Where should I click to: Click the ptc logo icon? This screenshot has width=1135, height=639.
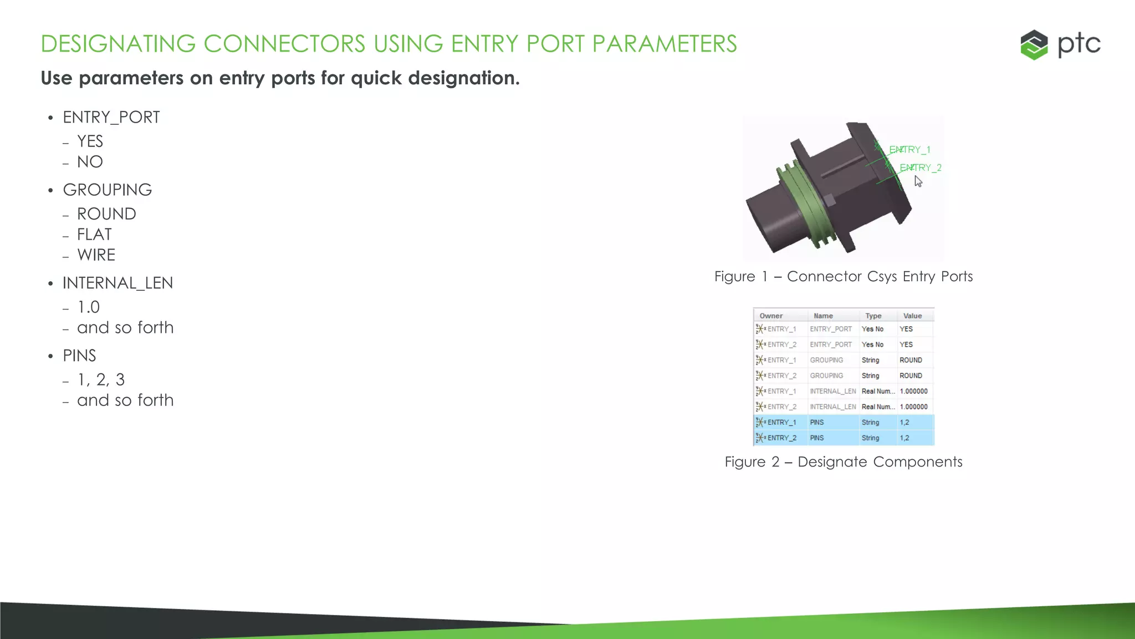pos(1034,44)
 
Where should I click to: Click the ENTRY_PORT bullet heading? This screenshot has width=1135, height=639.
pos(111,118)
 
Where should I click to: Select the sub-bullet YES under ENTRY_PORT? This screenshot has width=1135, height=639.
pos(90,141)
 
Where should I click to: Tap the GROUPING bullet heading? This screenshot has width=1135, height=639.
pos(107,190)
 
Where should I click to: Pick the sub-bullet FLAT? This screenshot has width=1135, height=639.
pos(94,235)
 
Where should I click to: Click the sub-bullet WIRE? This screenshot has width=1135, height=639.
pos(96,255)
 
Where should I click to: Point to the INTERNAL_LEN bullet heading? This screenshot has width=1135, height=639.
pos(117,283)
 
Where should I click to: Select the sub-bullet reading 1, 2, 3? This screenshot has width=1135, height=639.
pos(101,380)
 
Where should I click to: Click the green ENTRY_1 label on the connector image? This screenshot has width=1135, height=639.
pos(909,150)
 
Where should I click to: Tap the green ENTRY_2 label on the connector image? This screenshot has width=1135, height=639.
pos(920,168)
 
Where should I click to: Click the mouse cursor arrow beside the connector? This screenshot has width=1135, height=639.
pos(918,181)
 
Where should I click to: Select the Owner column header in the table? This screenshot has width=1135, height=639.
pos(771,316)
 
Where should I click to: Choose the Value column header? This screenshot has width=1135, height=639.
pos(912,316)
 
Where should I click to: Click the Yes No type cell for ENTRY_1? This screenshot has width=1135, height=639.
pos(872,329)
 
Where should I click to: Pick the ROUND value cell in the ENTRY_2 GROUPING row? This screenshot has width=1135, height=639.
pos(911,376)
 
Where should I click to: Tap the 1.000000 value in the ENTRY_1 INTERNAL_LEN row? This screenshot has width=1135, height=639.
pos(913,391)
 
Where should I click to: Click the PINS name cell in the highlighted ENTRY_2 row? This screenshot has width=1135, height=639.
pos(817,438)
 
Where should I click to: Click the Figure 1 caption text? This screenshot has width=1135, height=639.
pos(843,276)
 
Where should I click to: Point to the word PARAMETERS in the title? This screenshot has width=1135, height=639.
pos(664,44)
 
